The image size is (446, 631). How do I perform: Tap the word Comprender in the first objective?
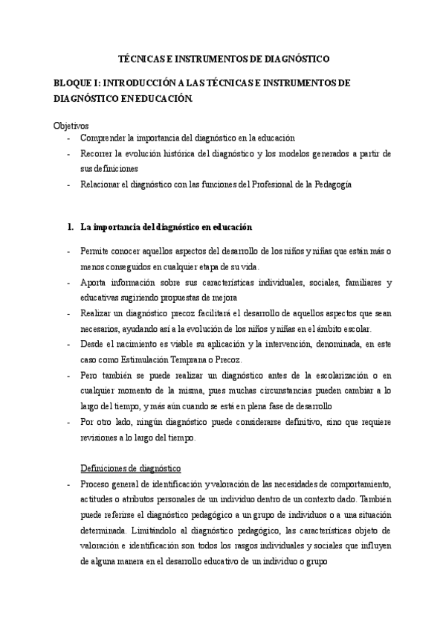click(x=104, y=138)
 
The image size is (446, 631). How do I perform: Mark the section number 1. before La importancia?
click(x=70, y=226)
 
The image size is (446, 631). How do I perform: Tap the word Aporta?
click(x=94, y=283)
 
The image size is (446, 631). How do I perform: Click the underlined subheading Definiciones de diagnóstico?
click(x=131, y=469)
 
